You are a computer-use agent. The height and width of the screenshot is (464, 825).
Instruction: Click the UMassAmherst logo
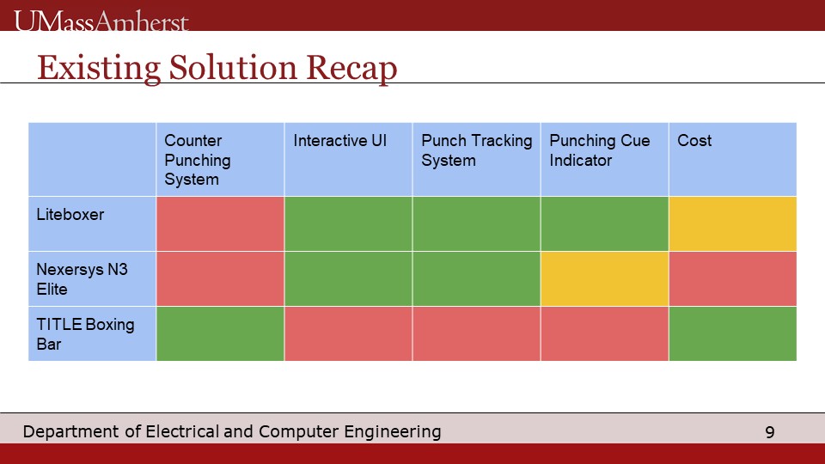[101, 21]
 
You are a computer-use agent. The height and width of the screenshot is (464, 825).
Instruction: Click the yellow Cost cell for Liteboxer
[732, 223]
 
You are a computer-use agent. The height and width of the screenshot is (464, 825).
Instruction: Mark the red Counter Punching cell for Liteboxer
[220, 223]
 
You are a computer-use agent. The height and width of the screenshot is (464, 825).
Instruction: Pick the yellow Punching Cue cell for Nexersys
[604, 278]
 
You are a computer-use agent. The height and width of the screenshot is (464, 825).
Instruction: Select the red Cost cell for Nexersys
[732, 278]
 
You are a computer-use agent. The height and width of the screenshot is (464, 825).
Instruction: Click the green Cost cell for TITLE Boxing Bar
[732, 333]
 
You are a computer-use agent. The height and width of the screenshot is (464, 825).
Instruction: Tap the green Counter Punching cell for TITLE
[220, 333]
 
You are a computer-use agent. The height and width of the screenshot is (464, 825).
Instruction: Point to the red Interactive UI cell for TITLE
[348, 333]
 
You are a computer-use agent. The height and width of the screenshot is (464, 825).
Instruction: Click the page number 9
[770, 432]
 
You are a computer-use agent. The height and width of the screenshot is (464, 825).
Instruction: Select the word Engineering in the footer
[393, 432]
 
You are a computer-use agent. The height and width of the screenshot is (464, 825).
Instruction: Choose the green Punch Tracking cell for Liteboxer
[476, 223]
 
